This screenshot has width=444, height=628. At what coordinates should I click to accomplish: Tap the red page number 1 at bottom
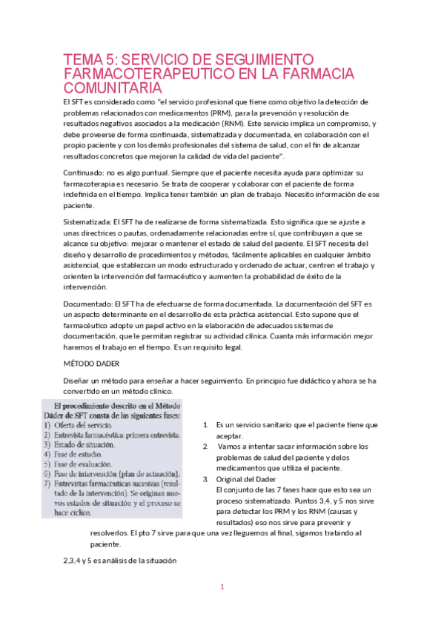point(222,587)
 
